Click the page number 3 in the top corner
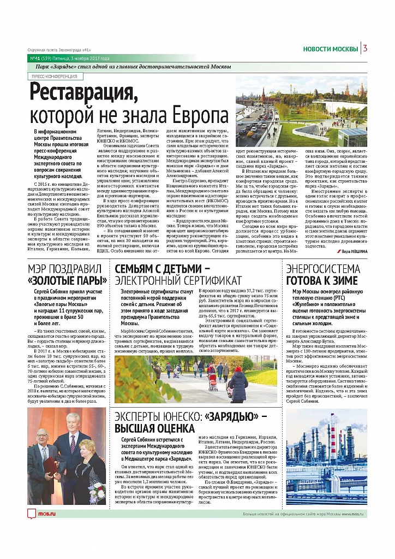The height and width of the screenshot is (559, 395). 364,49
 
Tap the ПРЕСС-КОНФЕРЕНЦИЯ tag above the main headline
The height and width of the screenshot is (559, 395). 54,77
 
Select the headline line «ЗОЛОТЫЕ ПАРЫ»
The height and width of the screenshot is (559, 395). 68,281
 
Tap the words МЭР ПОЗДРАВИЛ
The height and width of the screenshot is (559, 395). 64,268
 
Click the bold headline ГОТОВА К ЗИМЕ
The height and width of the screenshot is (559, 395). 322,281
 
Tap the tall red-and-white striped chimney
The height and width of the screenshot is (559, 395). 332,445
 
